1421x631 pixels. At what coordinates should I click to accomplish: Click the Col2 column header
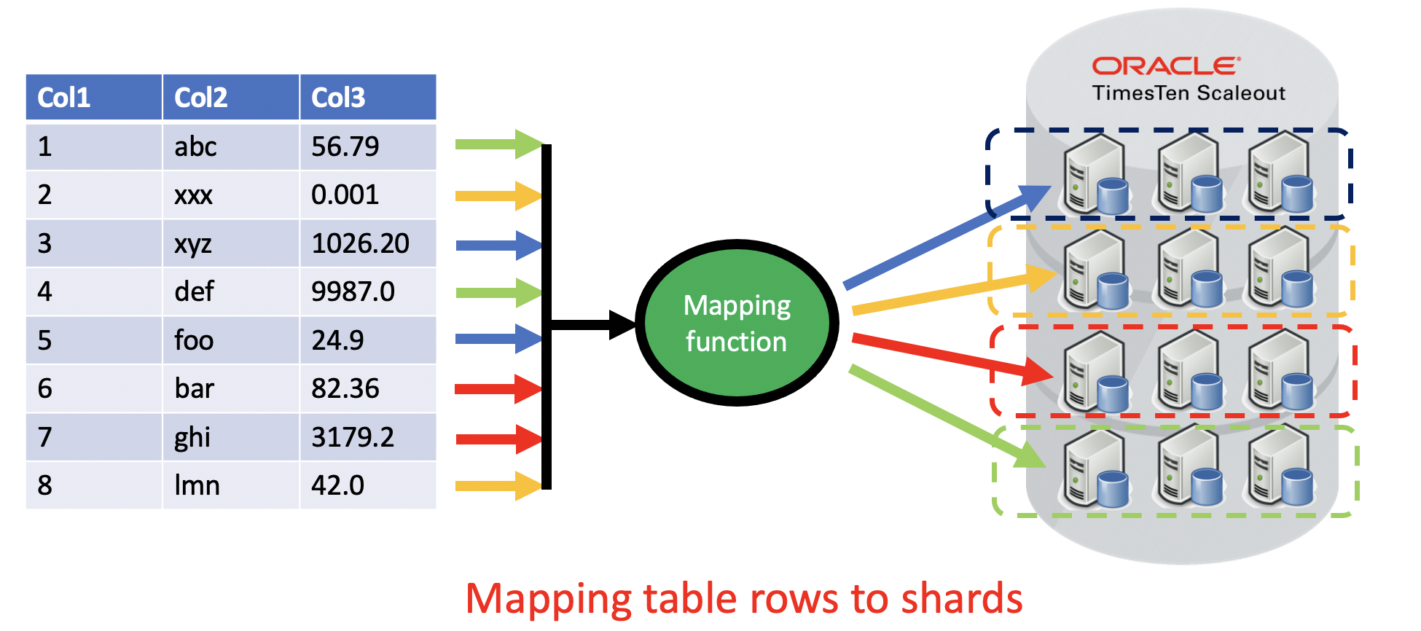(x=230, y=97)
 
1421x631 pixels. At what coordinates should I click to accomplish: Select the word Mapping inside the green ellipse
(x=737, y=306)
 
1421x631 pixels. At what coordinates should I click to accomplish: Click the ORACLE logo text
(x=1165, y=66)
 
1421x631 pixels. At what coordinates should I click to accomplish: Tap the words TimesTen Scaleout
(x=1188, y=93)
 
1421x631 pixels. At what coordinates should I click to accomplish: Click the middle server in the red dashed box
(x=1189, y=371)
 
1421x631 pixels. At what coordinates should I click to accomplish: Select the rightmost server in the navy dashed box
(x=1280, y=173)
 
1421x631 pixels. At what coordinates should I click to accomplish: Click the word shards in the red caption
(x=961, y=599)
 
